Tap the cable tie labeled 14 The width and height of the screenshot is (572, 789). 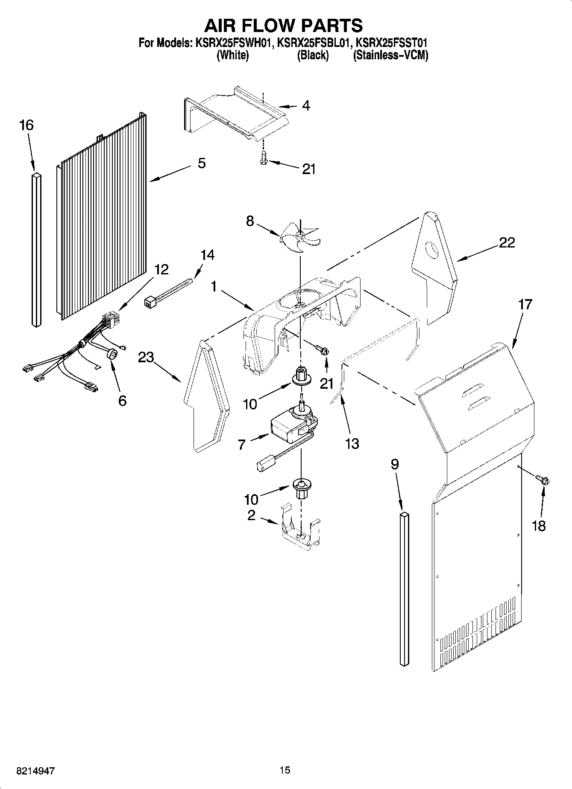coord(169,294)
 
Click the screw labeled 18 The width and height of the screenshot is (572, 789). coord(543,480)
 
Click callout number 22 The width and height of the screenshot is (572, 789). coord(507,243)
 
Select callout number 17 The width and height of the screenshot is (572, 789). coord(525,304)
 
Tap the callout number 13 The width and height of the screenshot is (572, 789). coord(352,444)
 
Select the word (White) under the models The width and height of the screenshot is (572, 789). coord(232,55)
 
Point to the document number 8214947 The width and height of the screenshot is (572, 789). coord(35,771)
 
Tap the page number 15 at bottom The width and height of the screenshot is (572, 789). coord(285,770)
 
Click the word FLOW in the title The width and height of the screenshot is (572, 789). coord(283,26)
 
